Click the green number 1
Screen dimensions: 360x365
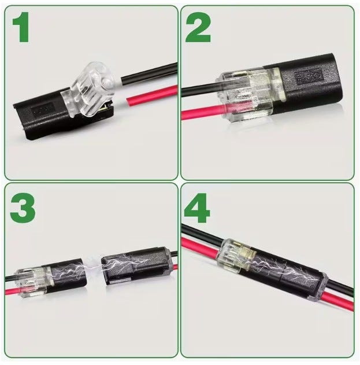coord(21,27)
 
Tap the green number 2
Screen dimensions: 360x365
coord(198,27)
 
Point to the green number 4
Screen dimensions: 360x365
coord(197,208)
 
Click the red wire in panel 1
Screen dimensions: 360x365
coord(152,95)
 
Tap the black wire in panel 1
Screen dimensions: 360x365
coord(149,74)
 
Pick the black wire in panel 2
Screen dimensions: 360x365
coord(199,90)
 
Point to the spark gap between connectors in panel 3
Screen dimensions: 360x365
coord(94,266)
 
